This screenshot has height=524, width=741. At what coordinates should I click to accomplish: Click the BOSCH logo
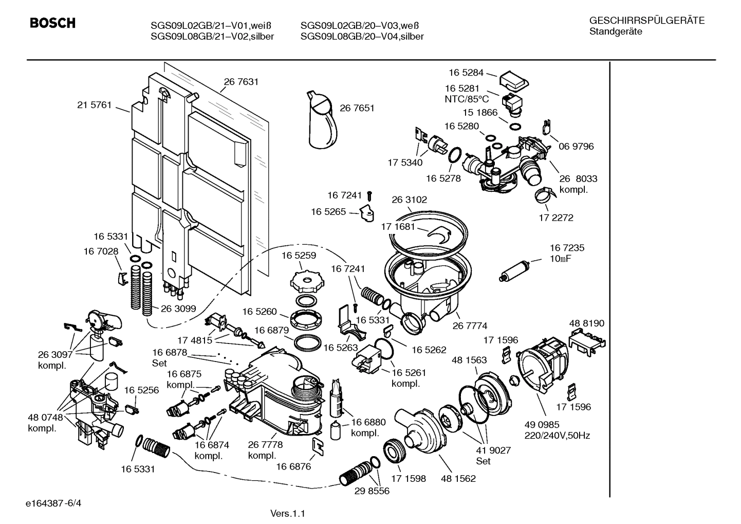click(52, 23)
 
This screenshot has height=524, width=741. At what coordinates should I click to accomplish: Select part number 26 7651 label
click(357, 108)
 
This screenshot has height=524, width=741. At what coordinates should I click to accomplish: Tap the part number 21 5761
click(94, 105)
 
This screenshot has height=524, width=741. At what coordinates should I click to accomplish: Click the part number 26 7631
click(241, 82)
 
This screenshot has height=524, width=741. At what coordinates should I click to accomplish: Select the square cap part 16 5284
click(514, 80)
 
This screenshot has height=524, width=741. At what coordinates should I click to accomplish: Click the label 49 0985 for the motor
click(542, 425)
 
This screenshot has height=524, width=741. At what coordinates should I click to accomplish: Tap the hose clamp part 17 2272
click(543, 194)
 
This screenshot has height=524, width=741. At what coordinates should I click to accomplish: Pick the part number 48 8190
click(586, 323)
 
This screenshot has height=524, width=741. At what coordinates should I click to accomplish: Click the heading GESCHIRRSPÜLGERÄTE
click(646, 21)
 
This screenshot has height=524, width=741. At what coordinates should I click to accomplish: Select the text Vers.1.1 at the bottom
click(288, 513)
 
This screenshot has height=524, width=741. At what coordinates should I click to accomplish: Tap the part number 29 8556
click(372, 491)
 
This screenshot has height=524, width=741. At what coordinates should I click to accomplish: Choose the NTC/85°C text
click(467, 99)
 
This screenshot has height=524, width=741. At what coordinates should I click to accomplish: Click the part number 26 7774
click(470, 326)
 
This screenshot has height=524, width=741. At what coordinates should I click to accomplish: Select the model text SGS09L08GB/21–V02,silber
click(212, 37)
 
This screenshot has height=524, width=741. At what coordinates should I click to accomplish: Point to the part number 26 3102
click(409, 200)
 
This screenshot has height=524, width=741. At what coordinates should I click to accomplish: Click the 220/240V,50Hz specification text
click(557, 436)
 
